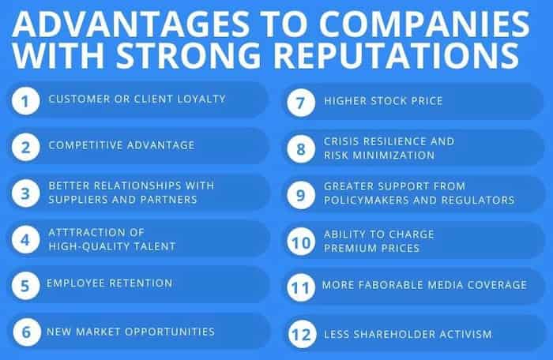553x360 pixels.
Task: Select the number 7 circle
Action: tap(301, 101)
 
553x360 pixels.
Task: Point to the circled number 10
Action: tap(301, 239)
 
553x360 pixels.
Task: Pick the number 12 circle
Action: tap(301, 335)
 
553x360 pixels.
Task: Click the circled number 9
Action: tap(301, 194)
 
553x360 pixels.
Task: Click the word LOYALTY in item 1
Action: tap(199, 99)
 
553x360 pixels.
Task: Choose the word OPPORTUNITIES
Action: tap(168, 331)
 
